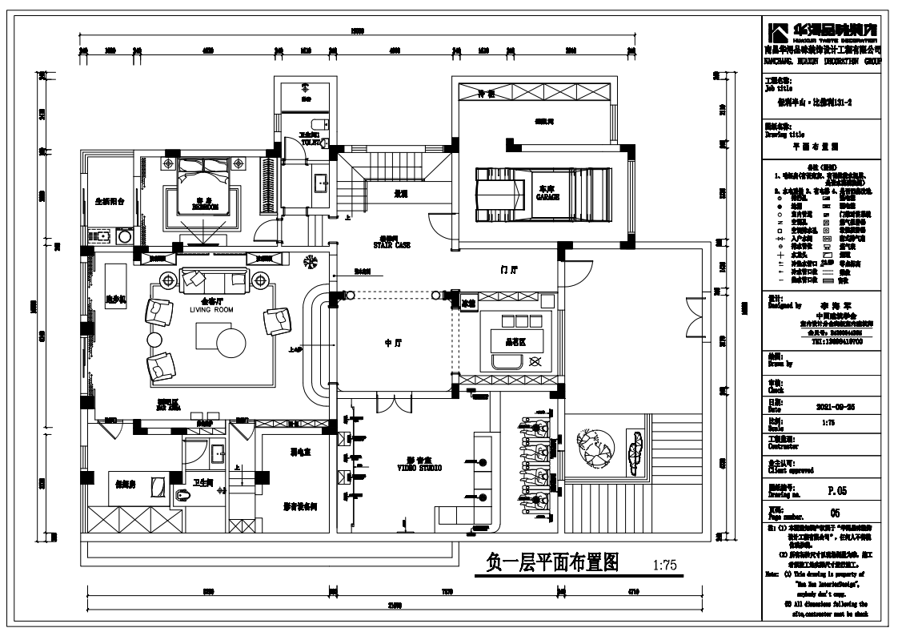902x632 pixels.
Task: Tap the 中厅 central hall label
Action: coord(392,344)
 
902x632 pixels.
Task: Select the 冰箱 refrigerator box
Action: coord(467,304)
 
